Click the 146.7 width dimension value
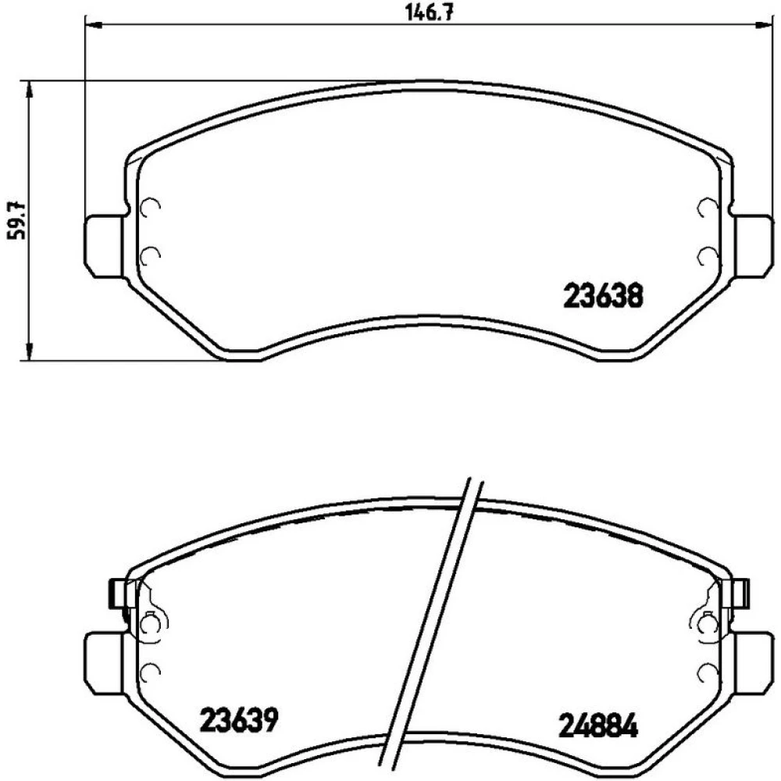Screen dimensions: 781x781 [429, 12]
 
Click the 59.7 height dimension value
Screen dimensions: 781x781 [15, 219]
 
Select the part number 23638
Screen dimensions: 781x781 [603, 296]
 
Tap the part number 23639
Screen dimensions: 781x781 [238, 720]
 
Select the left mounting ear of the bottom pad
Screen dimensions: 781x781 [105, 663]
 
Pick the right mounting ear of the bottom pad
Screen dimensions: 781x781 [752, 663]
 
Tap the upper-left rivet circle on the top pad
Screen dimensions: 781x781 [150, 207]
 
